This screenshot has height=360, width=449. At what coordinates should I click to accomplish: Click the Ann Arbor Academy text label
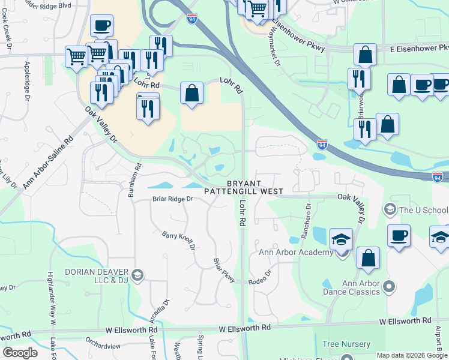pyautogui.click(x=295, y=252)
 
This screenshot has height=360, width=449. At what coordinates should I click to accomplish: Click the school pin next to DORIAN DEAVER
pyautogui.click(x=137, y=275)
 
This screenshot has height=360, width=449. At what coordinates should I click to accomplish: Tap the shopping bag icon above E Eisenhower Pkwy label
pyautogui.click(x=366, y=55)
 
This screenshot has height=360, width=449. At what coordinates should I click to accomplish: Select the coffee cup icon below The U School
pyautogui.click(x=398, y=235)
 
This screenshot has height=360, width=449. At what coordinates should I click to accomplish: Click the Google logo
pyautogui.click(x=20, y=353)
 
